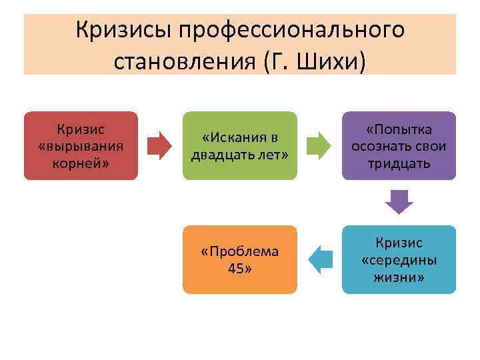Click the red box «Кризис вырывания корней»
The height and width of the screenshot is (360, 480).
pyautogui.click(x=81, y=145)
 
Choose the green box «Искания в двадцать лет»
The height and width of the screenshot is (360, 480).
pyautogui.click(x=239, y=146)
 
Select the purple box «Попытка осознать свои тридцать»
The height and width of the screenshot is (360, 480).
pyautogui.click(x=399, y=146)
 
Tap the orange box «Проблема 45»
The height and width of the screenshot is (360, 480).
pyautogui.click(x=239, y=259)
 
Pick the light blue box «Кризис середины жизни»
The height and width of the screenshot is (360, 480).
pyautogui.click(x=399, y=259)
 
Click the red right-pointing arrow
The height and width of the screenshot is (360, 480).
pyautogui.click(x=159, y=146)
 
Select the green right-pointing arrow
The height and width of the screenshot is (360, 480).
pyautogui.click(x=319, y=146)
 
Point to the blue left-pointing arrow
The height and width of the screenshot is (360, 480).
pyautogui.click(x=321, y=259)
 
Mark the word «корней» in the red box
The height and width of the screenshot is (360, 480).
pyautogui.click(x=80, y=163)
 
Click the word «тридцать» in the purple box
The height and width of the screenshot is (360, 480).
pyautogui.click(x=399, y=163)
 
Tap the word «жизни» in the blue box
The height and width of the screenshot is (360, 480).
pyautogui.click(x=399, y=277)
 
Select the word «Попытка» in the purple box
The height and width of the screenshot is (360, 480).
pyautogui.click(x=399, y=129)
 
